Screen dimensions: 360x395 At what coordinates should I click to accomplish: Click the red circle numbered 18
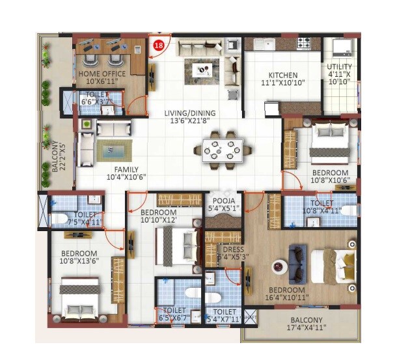click(158, 45)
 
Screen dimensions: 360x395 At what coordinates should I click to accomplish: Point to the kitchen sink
click(264, 44)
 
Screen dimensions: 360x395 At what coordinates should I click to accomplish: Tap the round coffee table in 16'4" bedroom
click(279, 266)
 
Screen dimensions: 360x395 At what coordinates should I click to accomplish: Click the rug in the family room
click(114, 151)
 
